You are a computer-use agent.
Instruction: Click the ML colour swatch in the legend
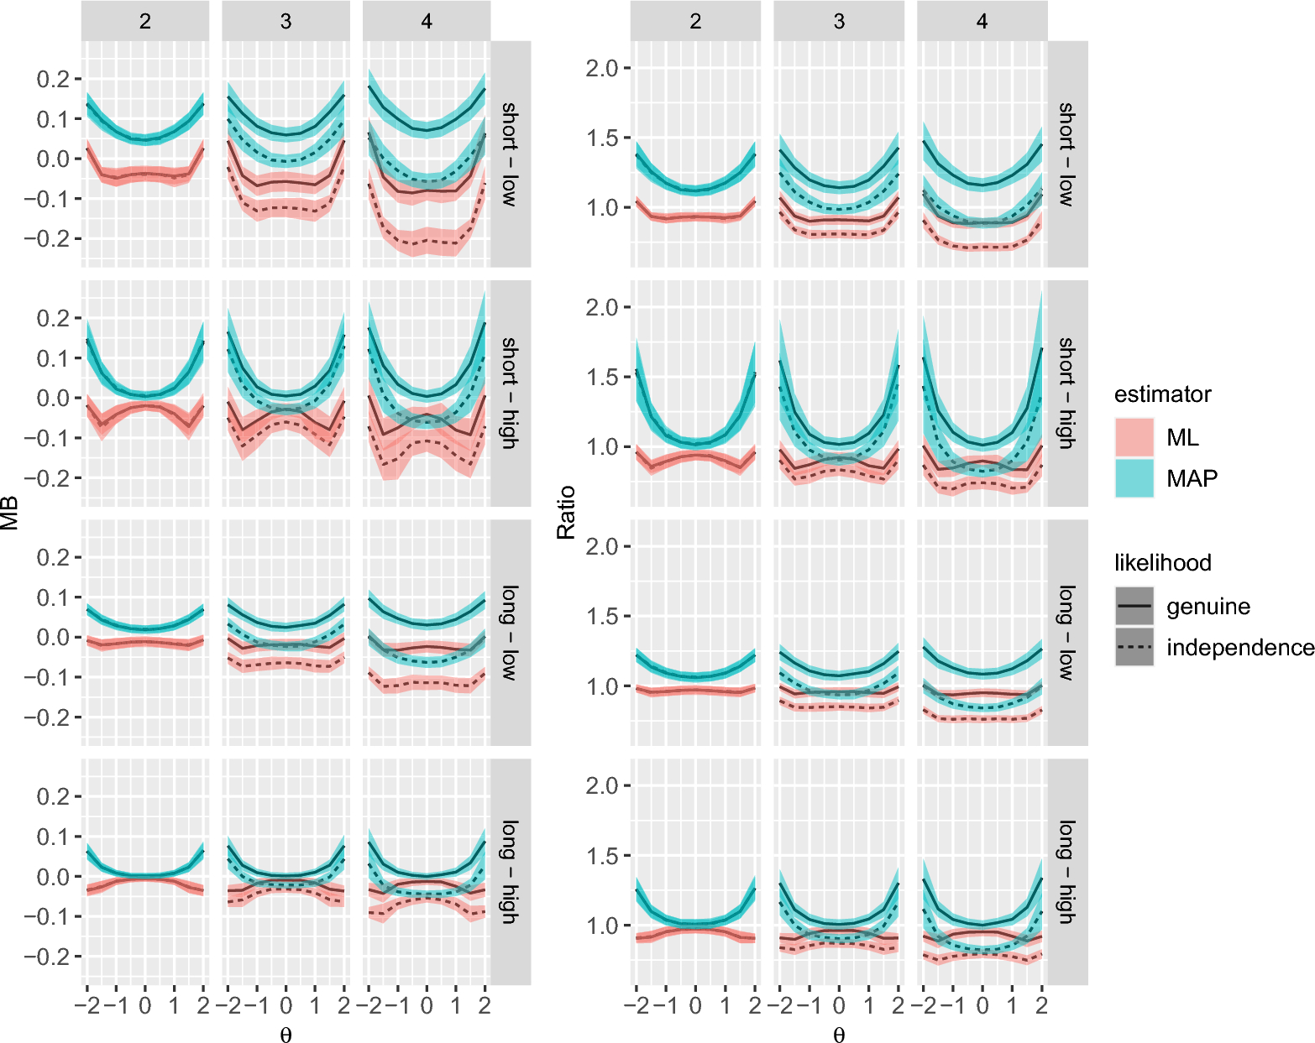click(x=1134, y=437)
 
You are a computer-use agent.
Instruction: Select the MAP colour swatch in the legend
click(x=1134, y=478)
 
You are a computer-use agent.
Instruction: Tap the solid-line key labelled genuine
click(x=1134, y=606)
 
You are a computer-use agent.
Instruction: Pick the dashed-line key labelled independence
click(x=1134, y=647)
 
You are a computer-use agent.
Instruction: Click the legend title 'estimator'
click(x=1163, y=394)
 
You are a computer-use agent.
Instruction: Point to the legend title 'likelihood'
click(x=1163, y=562)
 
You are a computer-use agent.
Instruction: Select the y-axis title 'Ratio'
click(x=566, y=513)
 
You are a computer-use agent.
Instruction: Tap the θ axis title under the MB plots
click(x=286, y=1034)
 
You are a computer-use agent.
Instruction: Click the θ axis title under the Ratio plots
click(x=839, y=1034)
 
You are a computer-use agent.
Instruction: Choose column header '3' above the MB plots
click(x=286, y=21)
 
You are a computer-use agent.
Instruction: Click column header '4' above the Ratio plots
click(x=982, y=21)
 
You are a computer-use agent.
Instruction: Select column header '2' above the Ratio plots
click(x=695, y=21)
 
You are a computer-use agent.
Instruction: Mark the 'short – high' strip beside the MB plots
click(x=511, y=394)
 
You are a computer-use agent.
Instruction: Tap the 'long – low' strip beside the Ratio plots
click(x=1067, y=633)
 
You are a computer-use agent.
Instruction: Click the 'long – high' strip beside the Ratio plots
click(x=1067, y=872)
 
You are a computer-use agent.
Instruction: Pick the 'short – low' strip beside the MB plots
click(x=511, y=154)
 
